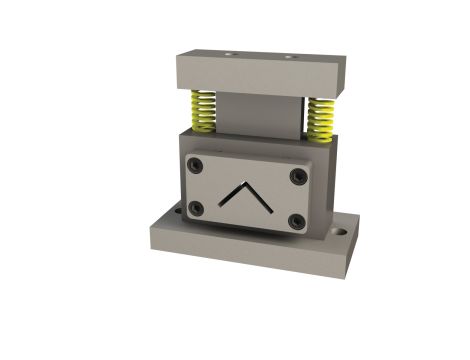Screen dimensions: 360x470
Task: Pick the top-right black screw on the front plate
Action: (298, 177)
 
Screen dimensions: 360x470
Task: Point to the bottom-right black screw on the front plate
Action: (296, 221)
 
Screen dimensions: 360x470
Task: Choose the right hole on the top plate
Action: (290, 57)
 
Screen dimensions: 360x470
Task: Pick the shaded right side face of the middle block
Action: (330, 190)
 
